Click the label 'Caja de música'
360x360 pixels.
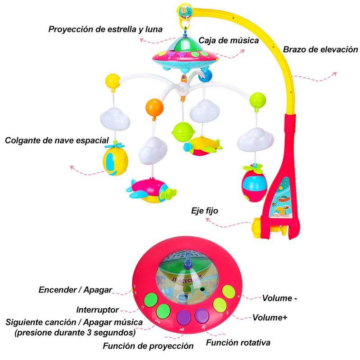(x=235, y=40)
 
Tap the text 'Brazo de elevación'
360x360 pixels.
(x=320, y=49)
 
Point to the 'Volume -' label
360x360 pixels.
(x=279, y=297)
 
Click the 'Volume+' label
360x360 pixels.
(x=270, y=318)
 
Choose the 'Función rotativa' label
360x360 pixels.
(x=238, y=343)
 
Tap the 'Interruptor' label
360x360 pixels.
(x=98, y=310)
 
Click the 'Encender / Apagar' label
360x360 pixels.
(x=76, y=289)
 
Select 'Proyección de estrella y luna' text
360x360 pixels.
(x=106, y=30)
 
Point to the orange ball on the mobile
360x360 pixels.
(x=154, y=108)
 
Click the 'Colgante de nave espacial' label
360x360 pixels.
(x=57, y=140)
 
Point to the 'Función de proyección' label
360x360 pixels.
(x=148, y=346)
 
